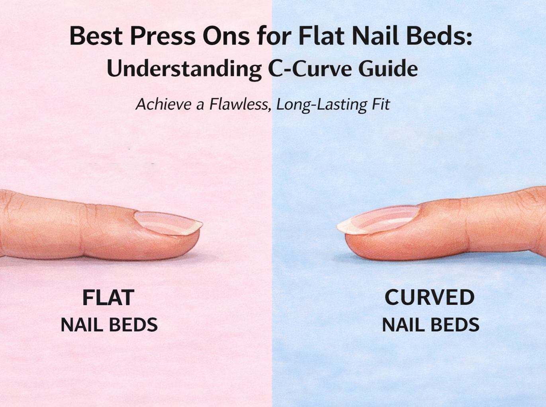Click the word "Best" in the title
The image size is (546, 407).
coord(96,36)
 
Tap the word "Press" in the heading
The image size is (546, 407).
coord(162,36)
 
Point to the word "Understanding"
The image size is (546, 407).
coord(184,69)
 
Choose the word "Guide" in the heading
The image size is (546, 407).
coord(388,69)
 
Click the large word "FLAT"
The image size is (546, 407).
coord(108,298)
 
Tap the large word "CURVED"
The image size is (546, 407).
coord(429,298)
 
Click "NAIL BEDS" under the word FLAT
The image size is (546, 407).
coord(109,325)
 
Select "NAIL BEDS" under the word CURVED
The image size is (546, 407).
coord(431,325)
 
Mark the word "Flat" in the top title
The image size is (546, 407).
coord(321,36)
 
